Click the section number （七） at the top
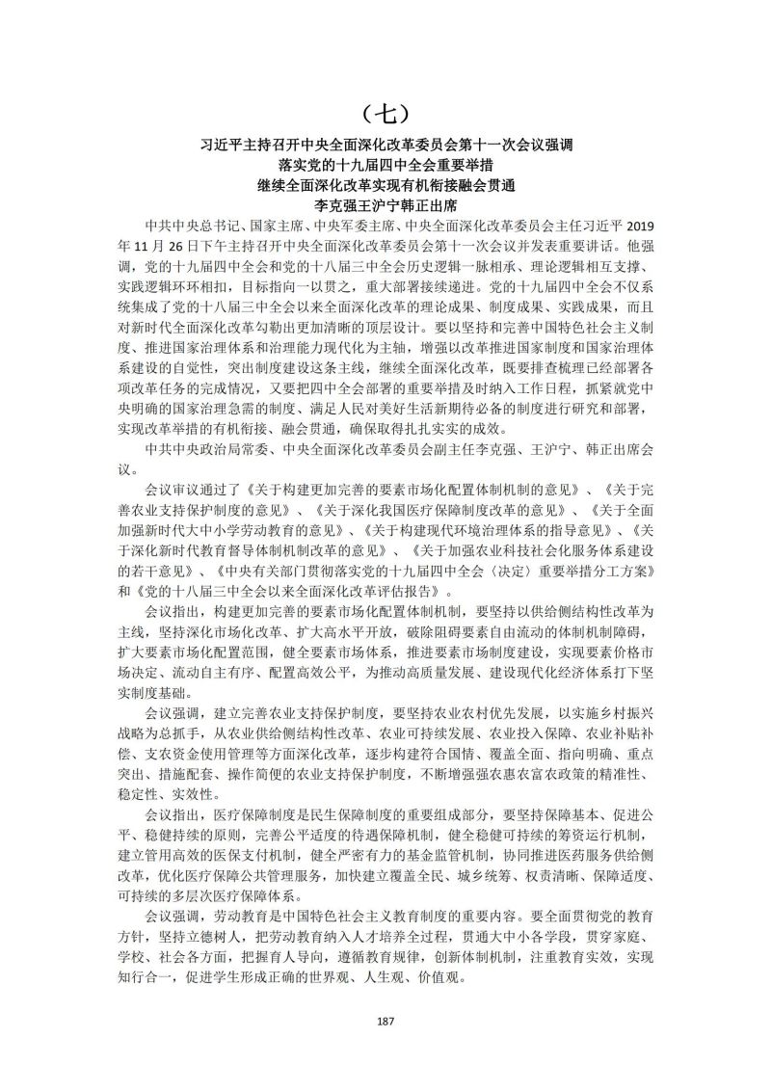click(x=385, y=112)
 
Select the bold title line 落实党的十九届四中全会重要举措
click(x=385, y=166)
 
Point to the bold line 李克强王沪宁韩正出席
click(x=385, y=204)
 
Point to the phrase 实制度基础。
click(x=154, y=690)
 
